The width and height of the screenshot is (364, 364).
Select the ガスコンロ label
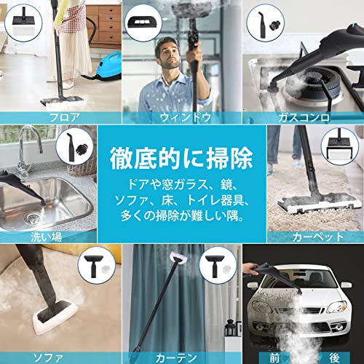[x=302, y=116]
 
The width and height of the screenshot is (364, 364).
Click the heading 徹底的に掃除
[x=181, y=156]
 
